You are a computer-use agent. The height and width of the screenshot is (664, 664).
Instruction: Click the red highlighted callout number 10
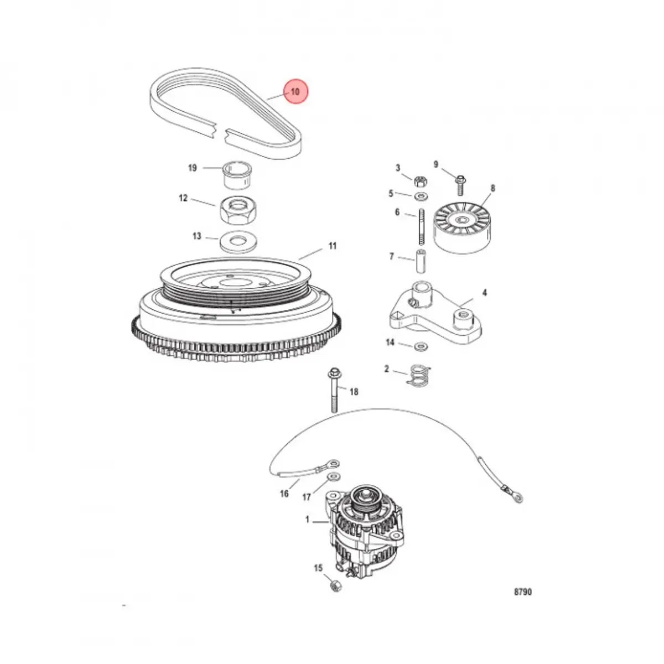click(x=295, y=92)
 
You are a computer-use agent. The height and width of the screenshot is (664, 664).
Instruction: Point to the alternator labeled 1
click(x=359, y=526)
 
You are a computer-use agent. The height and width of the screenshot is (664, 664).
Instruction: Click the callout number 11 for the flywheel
click(x=332, y=246)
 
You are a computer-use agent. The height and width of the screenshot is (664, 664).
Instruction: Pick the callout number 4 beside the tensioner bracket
click(x=485, y=292)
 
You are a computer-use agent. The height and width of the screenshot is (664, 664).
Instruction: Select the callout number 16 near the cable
click(x=284, y=493)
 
